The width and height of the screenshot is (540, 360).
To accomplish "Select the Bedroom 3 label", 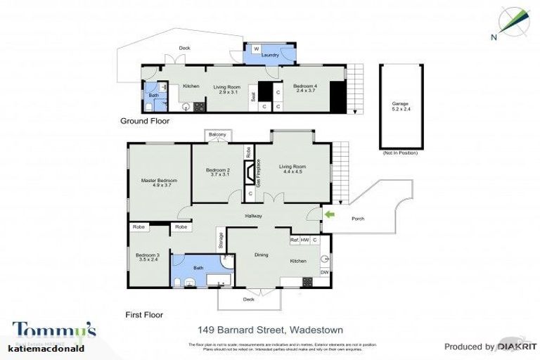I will click(148, 257).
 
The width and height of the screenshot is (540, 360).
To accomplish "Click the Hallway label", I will click(253, 216).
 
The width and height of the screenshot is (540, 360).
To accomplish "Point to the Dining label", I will click(261, 255).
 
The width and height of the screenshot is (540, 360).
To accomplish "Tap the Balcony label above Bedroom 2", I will click(217, 134).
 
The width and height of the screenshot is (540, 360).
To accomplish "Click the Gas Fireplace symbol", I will click(249, 172).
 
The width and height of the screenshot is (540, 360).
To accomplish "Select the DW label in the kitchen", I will click(324, 272).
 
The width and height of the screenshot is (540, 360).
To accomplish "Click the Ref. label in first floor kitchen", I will click(295, 240).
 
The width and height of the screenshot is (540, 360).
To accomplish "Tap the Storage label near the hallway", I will click(220, 241).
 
